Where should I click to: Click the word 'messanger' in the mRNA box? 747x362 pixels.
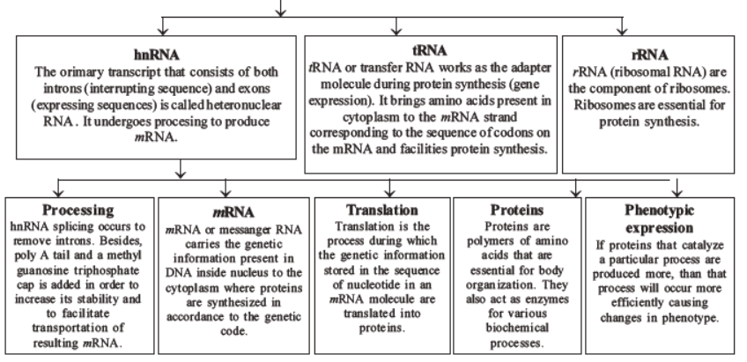coord(246,229)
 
